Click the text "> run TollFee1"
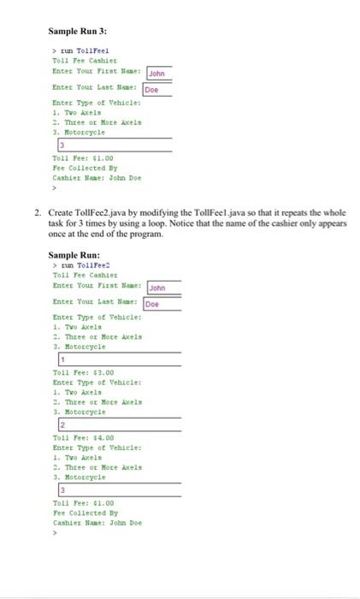81,50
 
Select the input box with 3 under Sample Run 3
112,145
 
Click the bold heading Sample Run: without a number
74,255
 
